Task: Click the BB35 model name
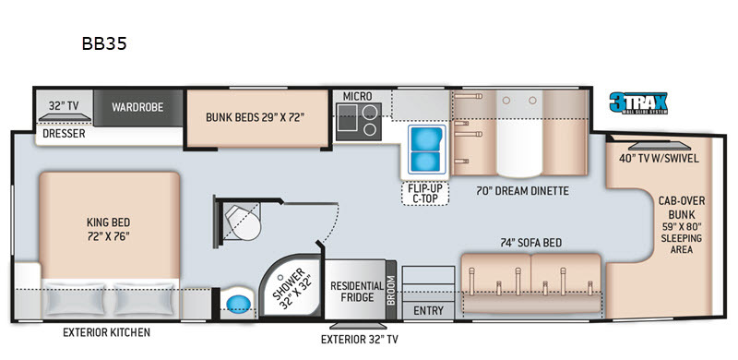[x=104, y=43]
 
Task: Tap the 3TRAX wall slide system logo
[x=638, y=103]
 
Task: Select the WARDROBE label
[x=137, y=107]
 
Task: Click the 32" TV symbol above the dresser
[x=65, y=117]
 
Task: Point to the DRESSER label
[x=64, y=134]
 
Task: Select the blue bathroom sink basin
[x=239, y=304]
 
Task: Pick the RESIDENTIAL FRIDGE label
[x=357, y=292]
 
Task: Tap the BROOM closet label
[x=391, y=289]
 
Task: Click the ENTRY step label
[x=428, y=311]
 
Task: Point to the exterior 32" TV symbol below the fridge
[x=358, y=326]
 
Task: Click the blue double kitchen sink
[x=426, y=150]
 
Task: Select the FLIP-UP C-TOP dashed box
[x=425, y=193]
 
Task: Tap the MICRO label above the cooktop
[x=357, y=96]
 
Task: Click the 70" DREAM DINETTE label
[x=522, y=191]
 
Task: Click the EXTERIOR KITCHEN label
[x=106, y=332]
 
